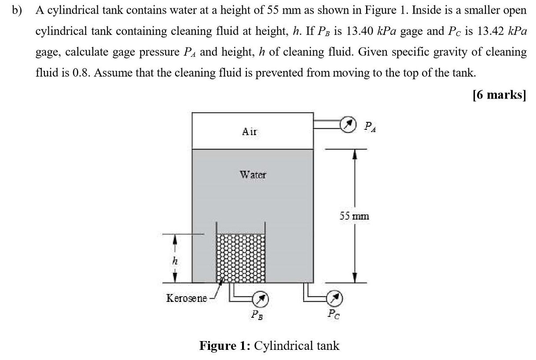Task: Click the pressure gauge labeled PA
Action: coord(348,125)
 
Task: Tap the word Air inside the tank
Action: coord(250,131)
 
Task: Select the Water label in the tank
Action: coord(253,175)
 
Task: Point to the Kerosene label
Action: coord(187,298)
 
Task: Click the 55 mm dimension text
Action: coord(354,216)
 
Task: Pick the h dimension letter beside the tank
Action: coord(175,261)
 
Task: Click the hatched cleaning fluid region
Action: coord(241,257)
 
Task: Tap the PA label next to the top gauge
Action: coord(371,127)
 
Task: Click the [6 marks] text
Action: coord(499,95)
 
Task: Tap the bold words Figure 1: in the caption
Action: coord(225,345)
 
